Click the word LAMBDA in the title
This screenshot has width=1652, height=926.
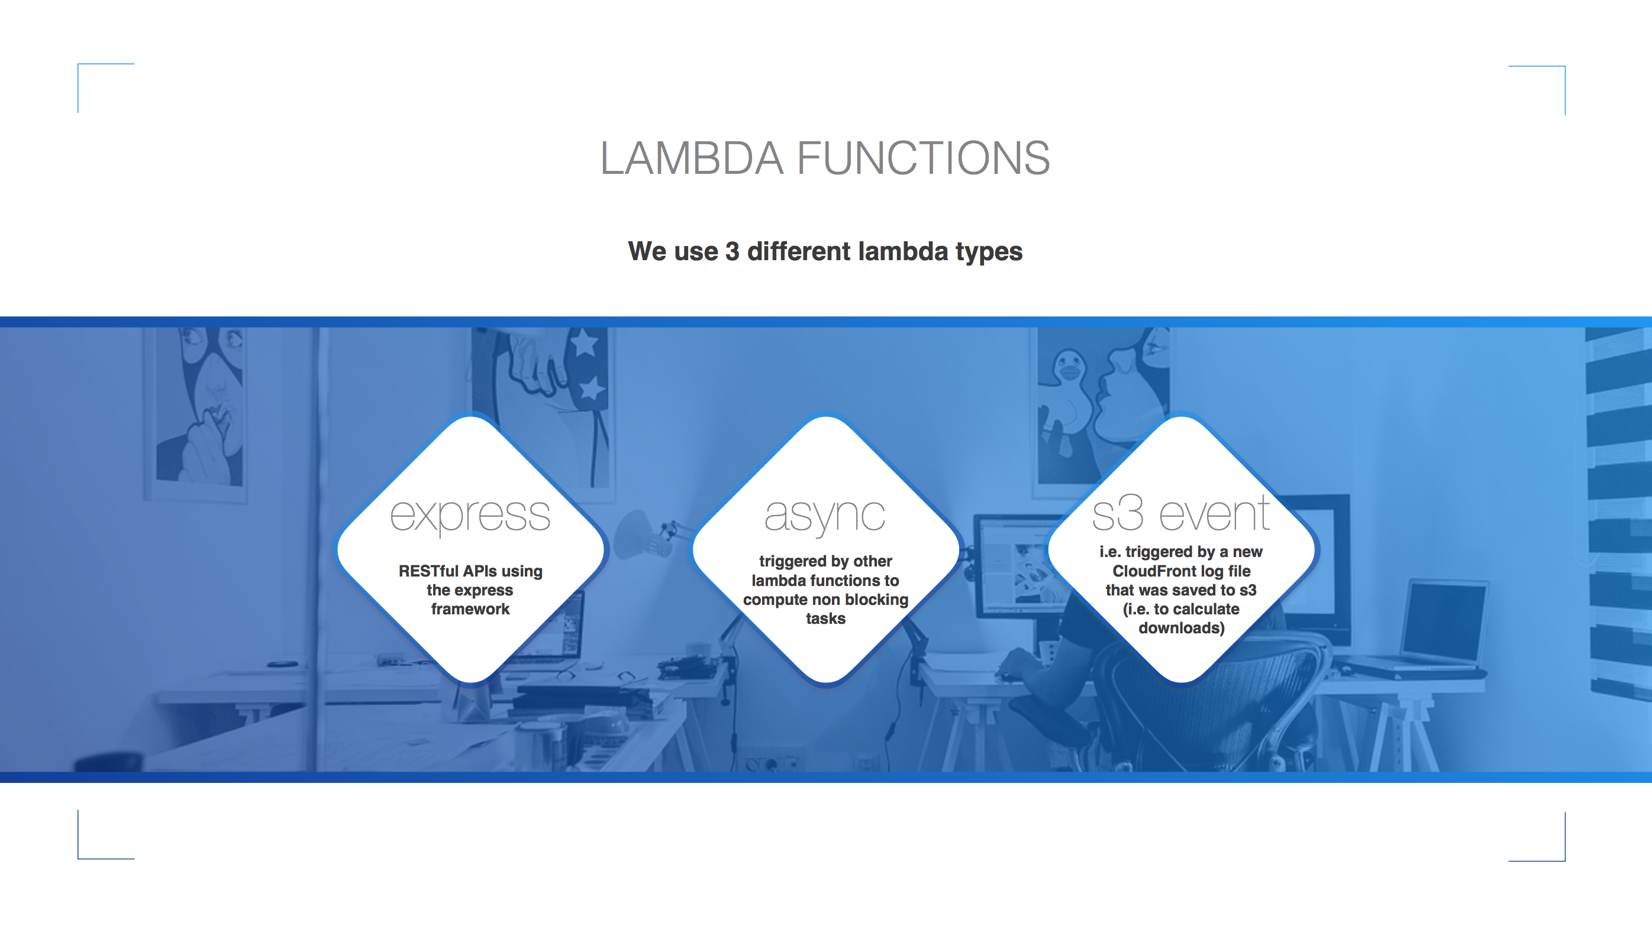[x=691, y=158]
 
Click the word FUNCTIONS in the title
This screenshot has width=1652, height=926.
[x=924, y=158]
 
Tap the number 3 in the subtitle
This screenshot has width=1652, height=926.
[x=733, y=251]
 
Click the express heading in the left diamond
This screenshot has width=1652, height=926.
[x=470, y=516]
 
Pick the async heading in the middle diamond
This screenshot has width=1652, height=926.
[x=825, y=516]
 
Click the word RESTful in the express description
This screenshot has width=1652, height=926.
[x=428, y=571]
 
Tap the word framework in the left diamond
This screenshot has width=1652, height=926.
[x=470, y=609]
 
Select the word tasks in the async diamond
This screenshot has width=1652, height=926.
[x=825, y=619]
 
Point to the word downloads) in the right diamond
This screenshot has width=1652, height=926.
[x=1181, y=628]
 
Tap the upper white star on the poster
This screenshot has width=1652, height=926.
[x=584, y=343]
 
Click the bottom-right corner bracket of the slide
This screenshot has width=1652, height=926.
[x=1563, y=859]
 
